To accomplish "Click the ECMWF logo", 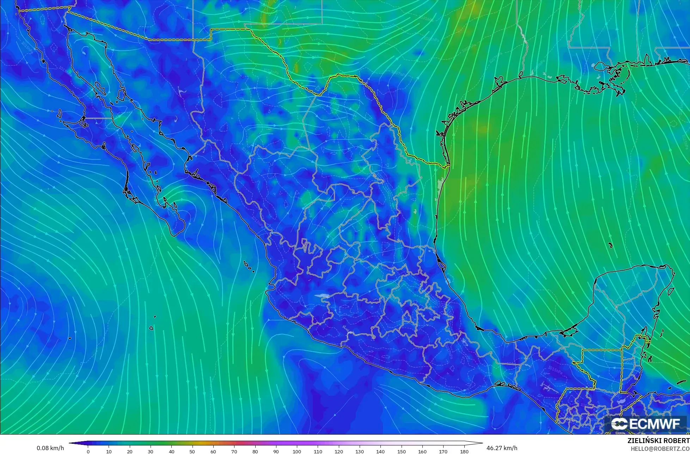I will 646,424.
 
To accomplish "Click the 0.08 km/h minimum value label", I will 50,448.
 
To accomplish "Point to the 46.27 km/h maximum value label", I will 502,448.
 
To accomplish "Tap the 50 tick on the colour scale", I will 193,451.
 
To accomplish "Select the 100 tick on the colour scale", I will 297,451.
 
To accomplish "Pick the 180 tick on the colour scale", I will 464,451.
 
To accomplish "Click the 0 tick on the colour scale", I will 88,451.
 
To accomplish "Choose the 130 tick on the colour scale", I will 360,451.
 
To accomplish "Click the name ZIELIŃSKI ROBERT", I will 658,441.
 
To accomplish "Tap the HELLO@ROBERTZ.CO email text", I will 660,449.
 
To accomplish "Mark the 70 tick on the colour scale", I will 234,451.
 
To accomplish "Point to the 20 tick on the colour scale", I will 130,451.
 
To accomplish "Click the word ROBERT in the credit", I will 676,441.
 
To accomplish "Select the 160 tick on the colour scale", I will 422,451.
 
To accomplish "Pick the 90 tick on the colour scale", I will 276,451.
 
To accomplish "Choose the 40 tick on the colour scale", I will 172,451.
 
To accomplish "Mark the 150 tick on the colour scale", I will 402,451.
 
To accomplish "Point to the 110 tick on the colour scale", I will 318,451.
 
